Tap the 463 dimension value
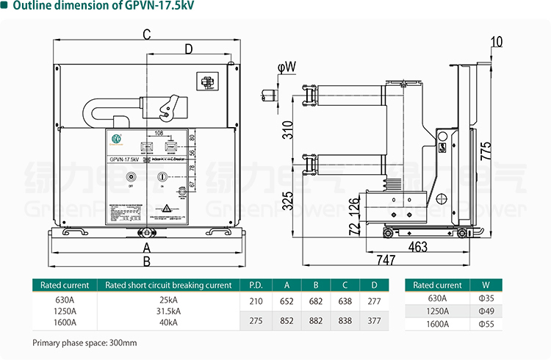click(417, 247)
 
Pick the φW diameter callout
click(287, 68)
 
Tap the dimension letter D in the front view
click(188, 49)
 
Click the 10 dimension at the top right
click(497, 42)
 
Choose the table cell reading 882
click(316, 320)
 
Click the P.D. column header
click(256, 285)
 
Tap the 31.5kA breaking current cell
click(168, 310)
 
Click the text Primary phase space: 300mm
click(84, 343)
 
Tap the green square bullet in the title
click(5, 8)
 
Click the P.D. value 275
click(256, 320)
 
